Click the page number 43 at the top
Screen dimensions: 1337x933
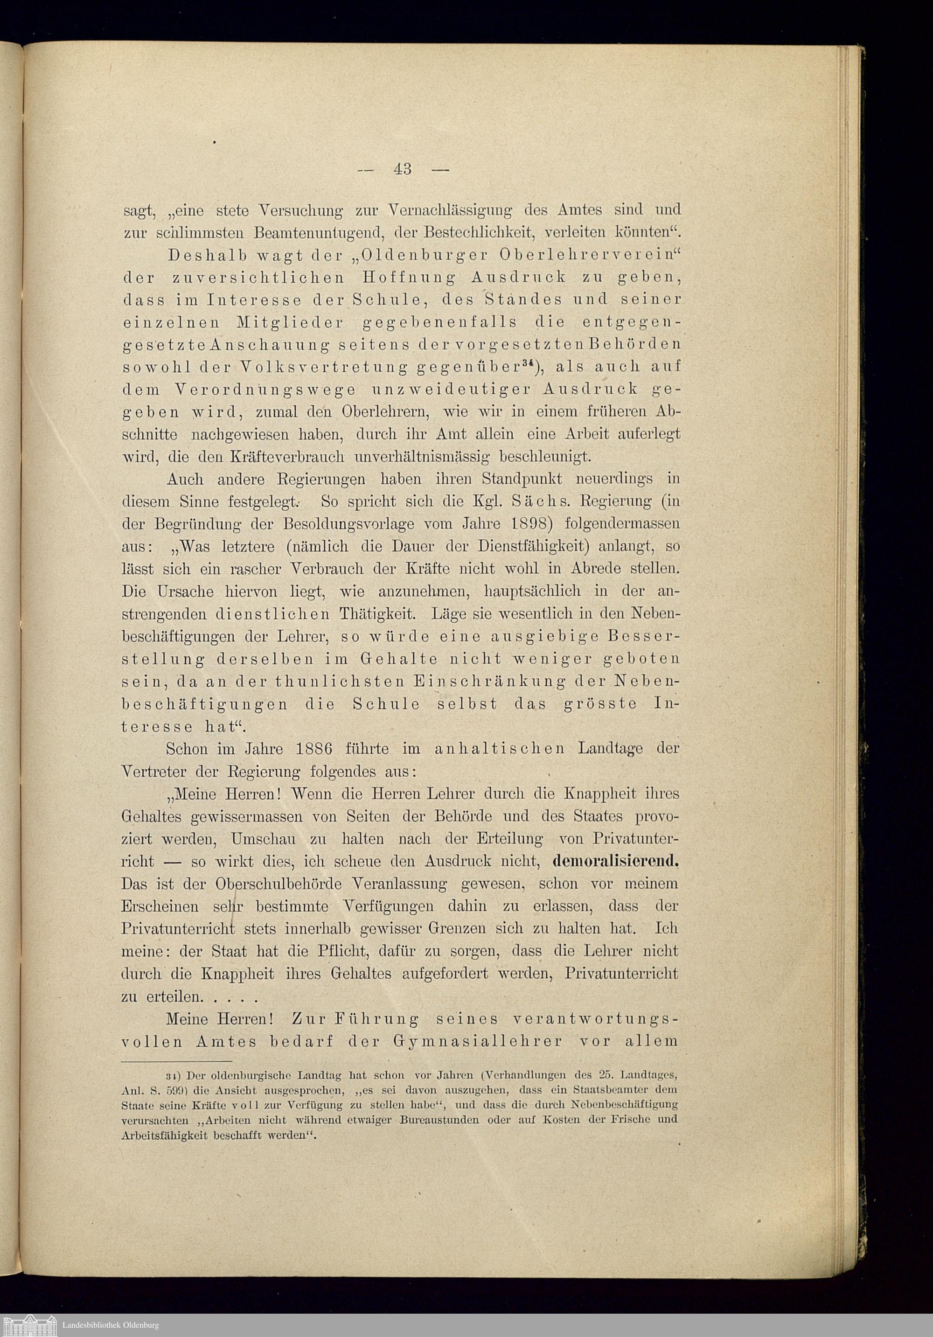403,169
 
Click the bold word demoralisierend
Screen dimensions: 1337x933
616,860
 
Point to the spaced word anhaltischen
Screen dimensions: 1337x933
499,748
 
